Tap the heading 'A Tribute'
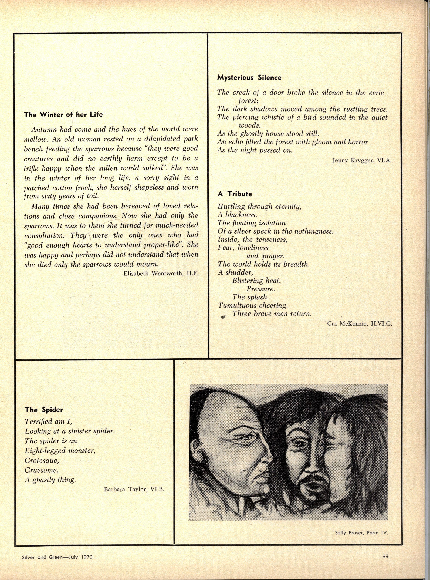pyautogui.click(x=235, y=194)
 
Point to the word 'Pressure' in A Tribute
pyautogui.click(x=260, y=289)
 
